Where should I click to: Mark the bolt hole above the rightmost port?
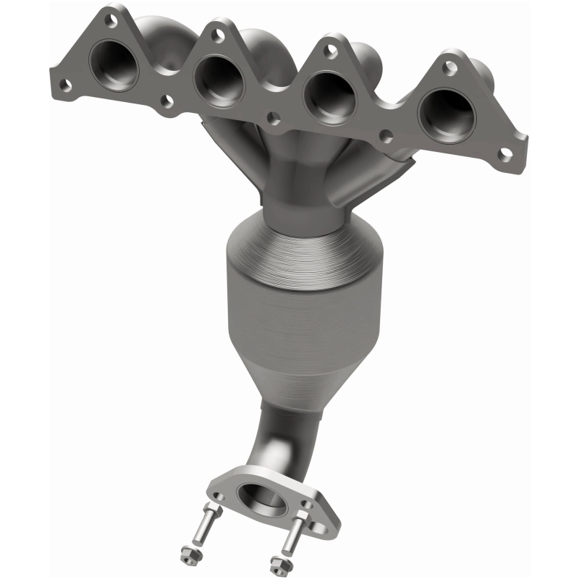click(449, 68)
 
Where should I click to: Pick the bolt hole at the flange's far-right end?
click(506, 153)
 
